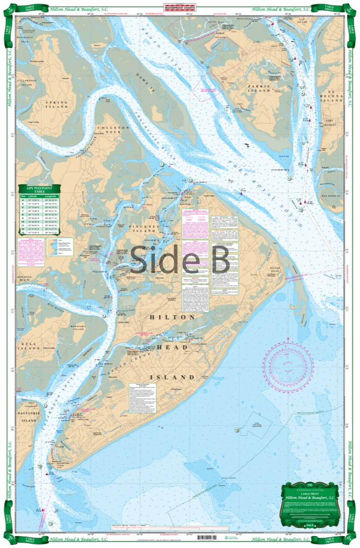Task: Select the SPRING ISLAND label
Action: pos(56,104)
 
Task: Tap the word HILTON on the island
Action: pos(171,317)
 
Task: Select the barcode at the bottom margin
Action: pos(208,538)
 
